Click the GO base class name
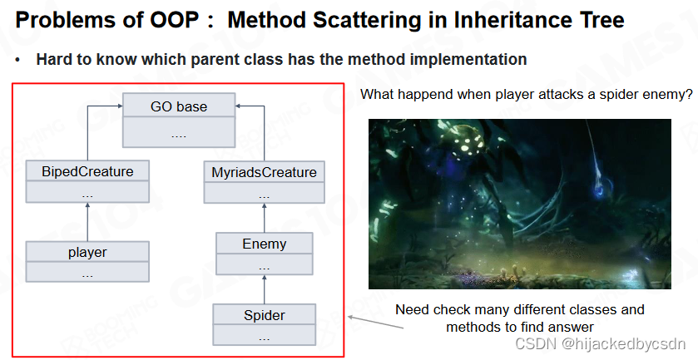179,106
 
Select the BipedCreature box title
87,172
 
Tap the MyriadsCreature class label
264,172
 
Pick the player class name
87,252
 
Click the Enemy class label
265,244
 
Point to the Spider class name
265,315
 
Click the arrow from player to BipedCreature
87,222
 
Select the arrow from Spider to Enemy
265,289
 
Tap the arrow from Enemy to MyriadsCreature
265,218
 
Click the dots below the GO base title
179,136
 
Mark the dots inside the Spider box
265,339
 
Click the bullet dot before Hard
17,60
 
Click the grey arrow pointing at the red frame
376,323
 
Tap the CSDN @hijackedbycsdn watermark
600,343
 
